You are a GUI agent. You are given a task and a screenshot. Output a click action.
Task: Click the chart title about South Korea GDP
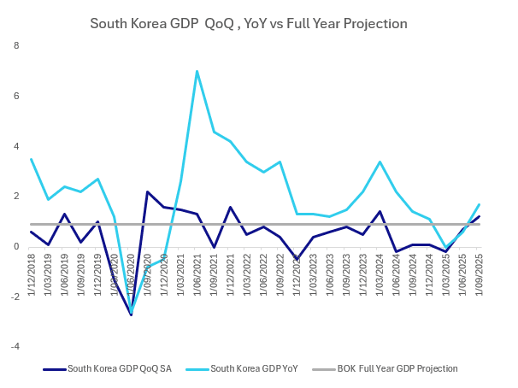point(248,22)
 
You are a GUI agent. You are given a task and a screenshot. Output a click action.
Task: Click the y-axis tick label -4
point(15,347)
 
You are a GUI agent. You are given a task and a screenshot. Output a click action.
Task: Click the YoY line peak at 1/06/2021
point(197,71)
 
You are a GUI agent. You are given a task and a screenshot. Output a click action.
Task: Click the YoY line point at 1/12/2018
point(31,159)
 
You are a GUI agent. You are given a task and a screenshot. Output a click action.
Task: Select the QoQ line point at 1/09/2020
point(147,191)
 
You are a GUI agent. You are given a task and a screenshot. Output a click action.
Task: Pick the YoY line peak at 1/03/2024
point(380,162)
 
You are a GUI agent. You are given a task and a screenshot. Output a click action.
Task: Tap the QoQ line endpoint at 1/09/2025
point(480,216)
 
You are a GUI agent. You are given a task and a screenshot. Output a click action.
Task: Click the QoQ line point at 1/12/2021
point(231,207)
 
